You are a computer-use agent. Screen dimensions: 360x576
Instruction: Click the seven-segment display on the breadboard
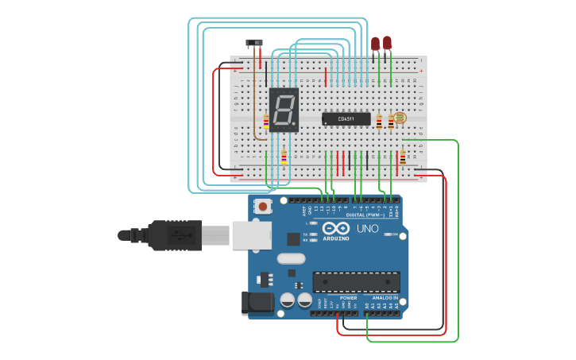pyautogui.click(x=284, y=110)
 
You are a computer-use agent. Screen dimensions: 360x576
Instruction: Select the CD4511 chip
pyautogui.click(x=346, y=119)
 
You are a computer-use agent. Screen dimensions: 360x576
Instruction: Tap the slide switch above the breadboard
pyautogui.click(x=254, y=43)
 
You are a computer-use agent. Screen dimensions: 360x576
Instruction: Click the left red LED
pyautogui.click(x=375, y=45)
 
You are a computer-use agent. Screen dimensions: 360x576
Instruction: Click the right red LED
pyautogui.click(x=387, y=43)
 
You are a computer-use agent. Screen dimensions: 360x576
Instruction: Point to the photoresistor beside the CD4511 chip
pyautogui.click(x=400, y=118)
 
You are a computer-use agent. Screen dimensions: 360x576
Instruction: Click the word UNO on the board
pyautogui.click(x=367, y=229)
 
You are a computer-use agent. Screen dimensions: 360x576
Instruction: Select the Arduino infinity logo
pyautogui.click(x=335, y=228)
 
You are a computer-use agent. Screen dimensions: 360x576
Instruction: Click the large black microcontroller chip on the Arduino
pyautogui.click(x=355, y=281)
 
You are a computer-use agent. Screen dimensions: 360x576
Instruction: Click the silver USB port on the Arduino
pyautogui.click(x=251, y=235)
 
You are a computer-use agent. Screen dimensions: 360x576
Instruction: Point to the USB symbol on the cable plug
pyautogui.click(x=182, y=235)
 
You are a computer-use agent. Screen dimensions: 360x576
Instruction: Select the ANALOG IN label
pyautogui.click(x=385, y=298)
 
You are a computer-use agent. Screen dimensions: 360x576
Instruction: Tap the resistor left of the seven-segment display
pyautogui.click(x=265, y=122)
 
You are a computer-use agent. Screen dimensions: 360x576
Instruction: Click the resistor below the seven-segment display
pyautogui.click(x=284, y=157)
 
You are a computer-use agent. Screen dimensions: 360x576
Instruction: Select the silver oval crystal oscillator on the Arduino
pyautogui.click(x=292, y=258)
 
